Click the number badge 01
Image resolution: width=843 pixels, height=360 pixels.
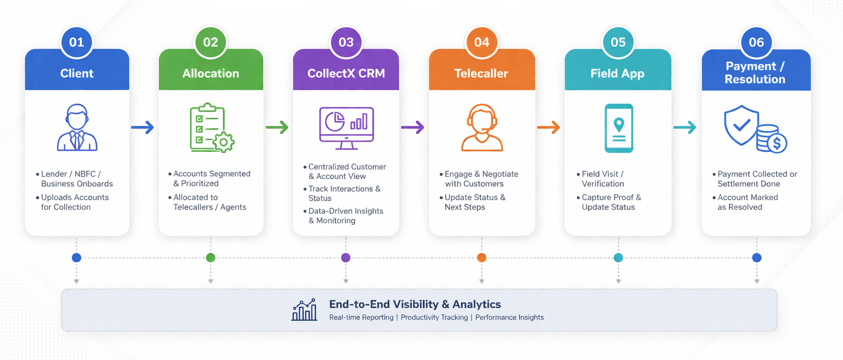tap(77, 42)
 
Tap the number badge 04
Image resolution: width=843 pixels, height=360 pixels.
tap(482, 42)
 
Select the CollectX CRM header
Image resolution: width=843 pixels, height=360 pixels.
tap(346, 73)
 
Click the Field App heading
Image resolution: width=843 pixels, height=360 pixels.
tap(617, 73)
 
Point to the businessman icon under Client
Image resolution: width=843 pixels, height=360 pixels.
tap(77, 127)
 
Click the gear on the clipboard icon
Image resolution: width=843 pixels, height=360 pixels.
tap(223, 142)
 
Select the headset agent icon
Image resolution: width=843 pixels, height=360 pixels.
tap(482, 127)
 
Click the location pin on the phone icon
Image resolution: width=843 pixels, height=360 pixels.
tap(619, 125)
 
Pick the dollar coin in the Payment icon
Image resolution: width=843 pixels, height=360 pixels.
tap(777, 143)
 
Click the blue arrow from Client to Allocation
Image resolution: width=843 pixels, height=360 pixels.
tap(143, 127)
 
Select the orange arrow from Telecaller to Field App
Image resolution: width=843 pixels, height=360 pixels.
tap(549, 127)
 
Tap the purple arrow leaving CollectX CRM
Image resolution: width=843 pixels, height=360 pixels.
tap(413, 127)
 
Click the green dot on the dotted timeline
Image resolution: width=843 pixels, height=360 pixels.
tap(211, 258)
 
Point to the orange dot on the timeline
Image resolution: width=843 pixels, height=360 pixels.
tap(482, 258)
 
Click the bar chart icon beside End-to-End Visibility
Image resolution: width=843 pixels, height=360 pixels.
tap(304, 310)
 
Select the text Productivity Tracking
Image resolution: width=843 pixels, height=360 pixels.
tap(434, 317)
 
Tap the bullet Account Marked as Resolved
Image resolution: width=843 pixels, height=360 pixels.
tap(747, 202)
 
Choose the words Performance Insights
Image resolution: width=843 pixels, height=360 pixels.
tap(509, 317)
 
